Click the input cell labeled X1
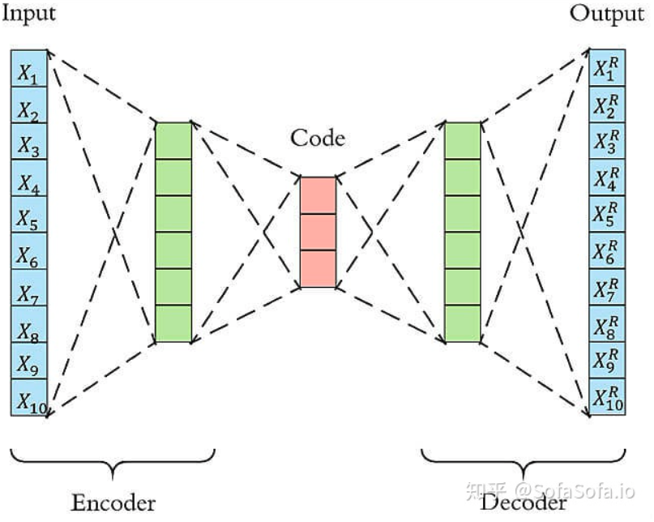tap(29, 69)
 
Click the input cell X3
tap(29, 142)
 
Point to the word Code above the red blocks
tap(318, 138)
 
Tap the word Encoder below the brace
tap(113, 502)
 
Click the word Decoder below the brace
tap(524, 503)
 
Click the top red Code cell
tap(318, 195)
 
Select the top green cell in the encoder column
tap(173, 141)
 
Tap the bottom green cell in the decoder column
tap(463, 324)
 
